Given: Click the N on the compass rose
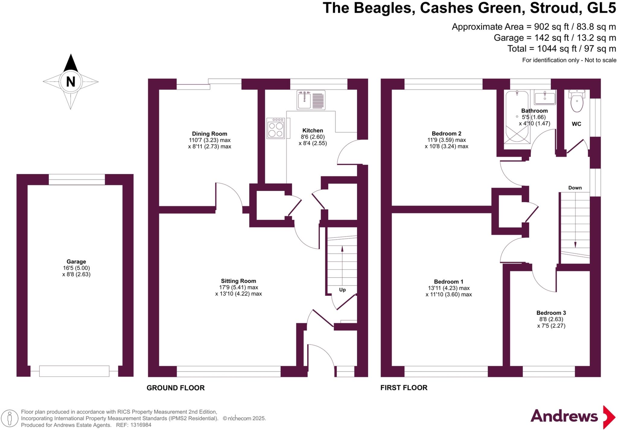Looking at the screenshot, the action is pyautogui.click(x=70, y=81).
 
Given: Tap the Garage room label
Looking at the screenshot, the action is pyautogui.click(x=76, y=262).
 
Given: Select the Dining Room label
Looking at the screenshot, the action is pyautogui.click(x=209, y=134).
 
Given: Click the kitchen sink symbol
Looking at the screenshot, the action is pyautogui.click(x=311, y=100).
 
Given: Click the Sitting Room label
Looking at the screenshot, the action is pyautogui.click(x=238, y=281).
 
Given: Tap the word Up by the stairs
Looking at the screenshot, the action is pyautogui.click(x=342, y=290).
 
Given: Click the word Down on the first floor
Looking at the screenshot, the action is pyautogui.click(x=575, y=188).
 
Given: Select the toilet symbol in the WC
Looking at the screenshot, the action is pyautogui.click(x=577, y=102).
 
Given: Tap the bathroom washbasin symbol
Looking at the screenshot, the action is pyautogui.click(x=545, y=98).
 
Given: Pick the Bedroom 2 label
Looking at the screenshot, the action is pyautogui.click(x=446, y=133).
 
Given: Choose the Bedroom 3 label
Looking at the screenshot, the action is pyautogui.click(x=551, y=313).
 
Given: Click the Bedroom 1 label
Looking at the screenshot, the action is pyautogui.click(x=448, y=282).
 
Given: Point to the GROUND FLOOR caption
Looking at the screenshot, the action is pyautogui.click(x=176, y=388).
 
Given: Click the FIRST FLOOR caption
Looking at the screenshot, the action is pyautogui.click(x=404, y=388).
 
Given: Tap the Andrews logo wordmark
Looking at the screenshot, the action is pyautogui.click(x=564, y=416).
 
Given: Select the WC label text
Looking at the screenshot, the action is pyautogui.click(x=576, y=124).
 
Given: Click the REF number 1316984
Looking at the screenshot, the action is pyautogui.click(x=141, y=425).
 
